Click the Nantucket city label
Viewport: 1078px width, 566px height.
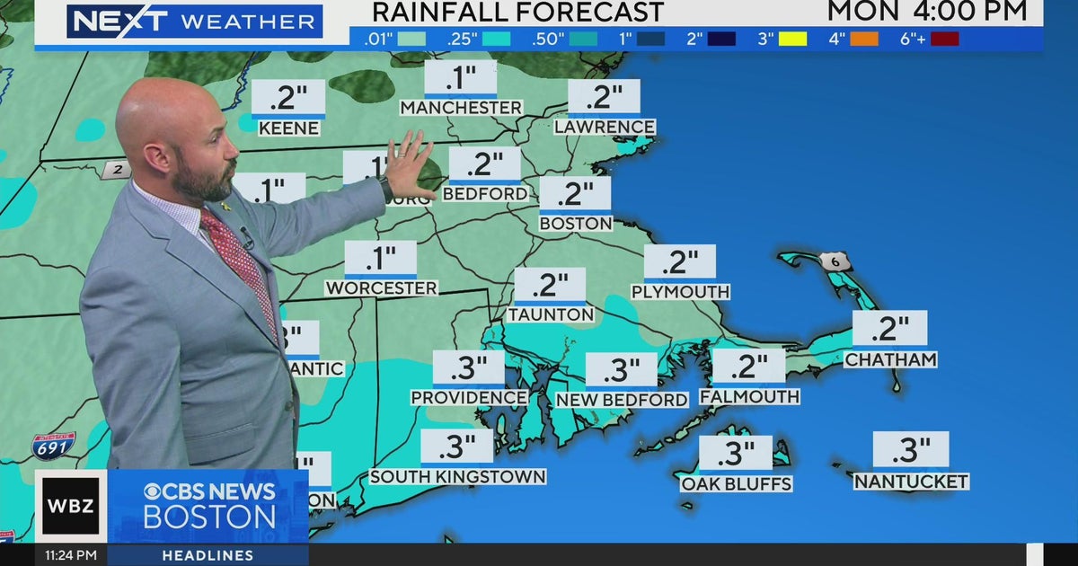(x=911, y=482)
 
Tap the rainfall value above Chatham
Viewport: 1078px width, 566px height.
(x=889, y=329)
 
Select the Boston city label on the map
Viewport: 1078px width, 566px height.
(x=576, y=223)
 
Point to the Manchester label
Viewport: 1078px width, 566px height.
(x=461, y=108)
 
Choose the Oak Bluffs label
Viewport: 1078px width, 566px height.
(x=736, y=484)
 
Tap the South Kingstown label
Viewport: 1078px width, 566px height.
(x=457, y=476)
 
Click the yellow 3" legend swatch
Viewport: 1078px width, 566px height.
(x=791, y=39)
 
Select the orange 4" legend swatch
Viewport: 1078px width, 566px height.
(x=863, y=39)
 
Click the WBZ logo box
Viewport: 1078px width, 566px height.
(x=71, y=506)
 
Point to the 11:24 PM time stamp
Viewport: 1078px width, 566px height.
(x=71, y=555)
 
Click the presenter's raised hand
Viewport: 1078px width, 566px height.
(x=410, y=164)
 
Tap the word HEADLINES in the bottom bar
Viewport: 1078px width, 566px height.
(x=208, y=555)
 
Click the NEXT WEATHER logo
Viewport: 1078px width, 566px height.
(x=193, y=21)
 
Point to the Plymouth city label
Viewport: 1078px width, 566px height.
(x=680, y=292)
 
